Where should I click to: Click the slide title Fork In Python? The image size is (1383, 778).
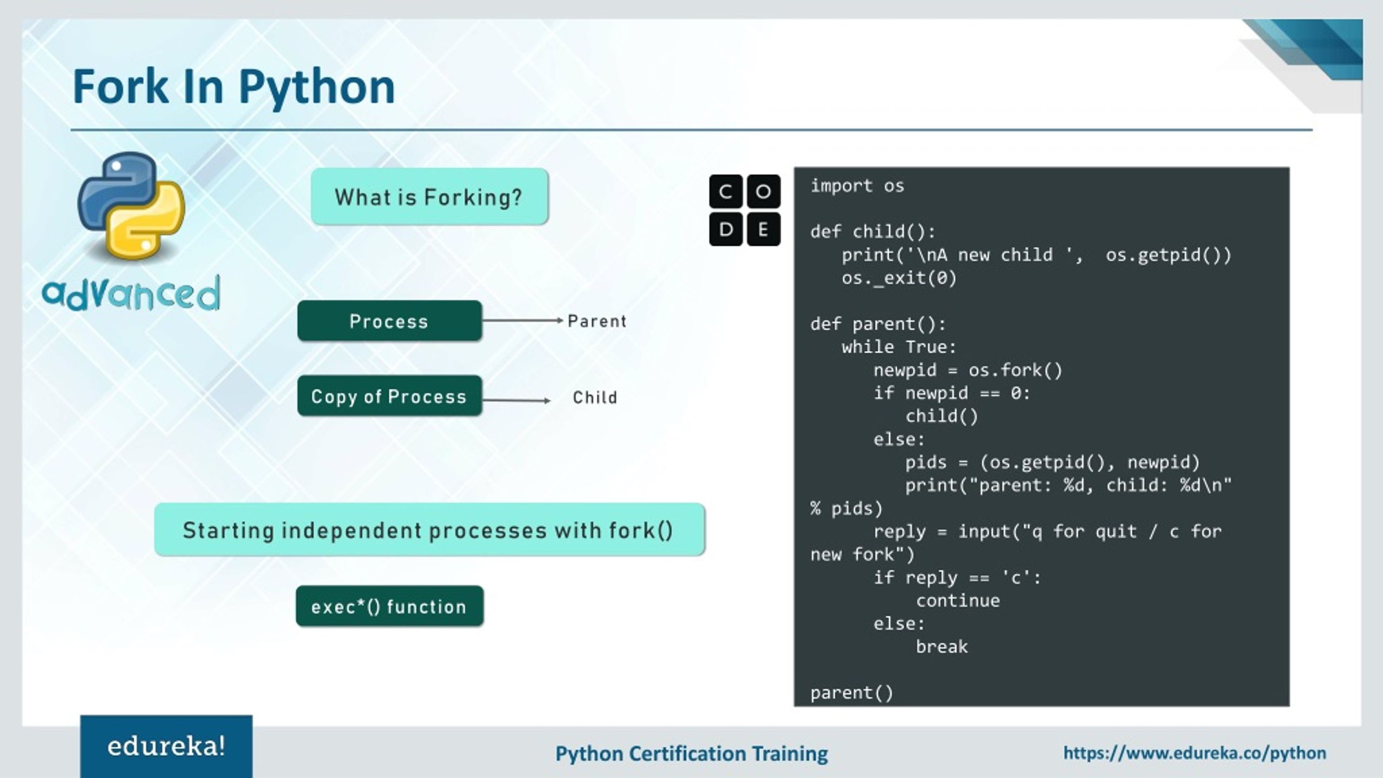point(234,86)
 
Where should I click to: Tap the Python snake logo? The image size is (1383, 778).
point(131,206)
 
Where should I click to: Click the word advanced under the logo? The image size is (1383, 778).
point(131,294)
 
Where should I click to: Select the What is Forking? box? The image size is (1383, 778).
point(429,197)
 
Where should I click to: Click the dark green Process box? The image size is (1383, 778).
point(389,321)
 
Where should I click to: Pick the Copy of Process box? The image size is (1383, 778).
point(389,396)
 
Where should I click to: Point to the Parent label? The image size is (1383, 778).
point(596,321)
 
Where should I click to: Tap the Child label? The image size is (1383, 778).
point(595,398)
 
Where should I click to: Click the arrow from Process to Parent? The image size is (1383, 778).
point(522,320)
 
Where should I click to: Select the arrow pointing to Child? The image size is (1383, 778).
point(516,400)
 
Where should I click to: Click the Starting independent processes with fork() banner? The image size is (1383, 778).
point(429,530)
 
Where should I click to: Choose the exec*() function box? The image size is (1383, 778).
point(389,606)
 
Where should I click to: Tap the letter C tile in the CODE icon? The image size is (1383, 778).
point(726,191)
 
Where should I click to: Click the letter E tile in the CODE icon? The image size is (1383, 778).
point(763,230)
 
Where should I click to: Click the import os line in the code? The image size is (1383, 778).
point(857,186)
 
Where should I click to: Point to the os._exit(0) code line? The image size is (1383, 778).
point(899,278)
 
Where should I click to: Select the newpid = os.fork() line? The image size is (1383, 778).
point(968,370)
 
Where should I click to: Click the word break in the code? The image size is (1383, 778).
point(942,647)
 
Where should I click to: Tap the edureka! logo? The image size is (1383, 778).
point(166,747)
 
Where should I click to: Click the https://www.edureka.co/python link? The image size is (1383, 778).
point(1194,753)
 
